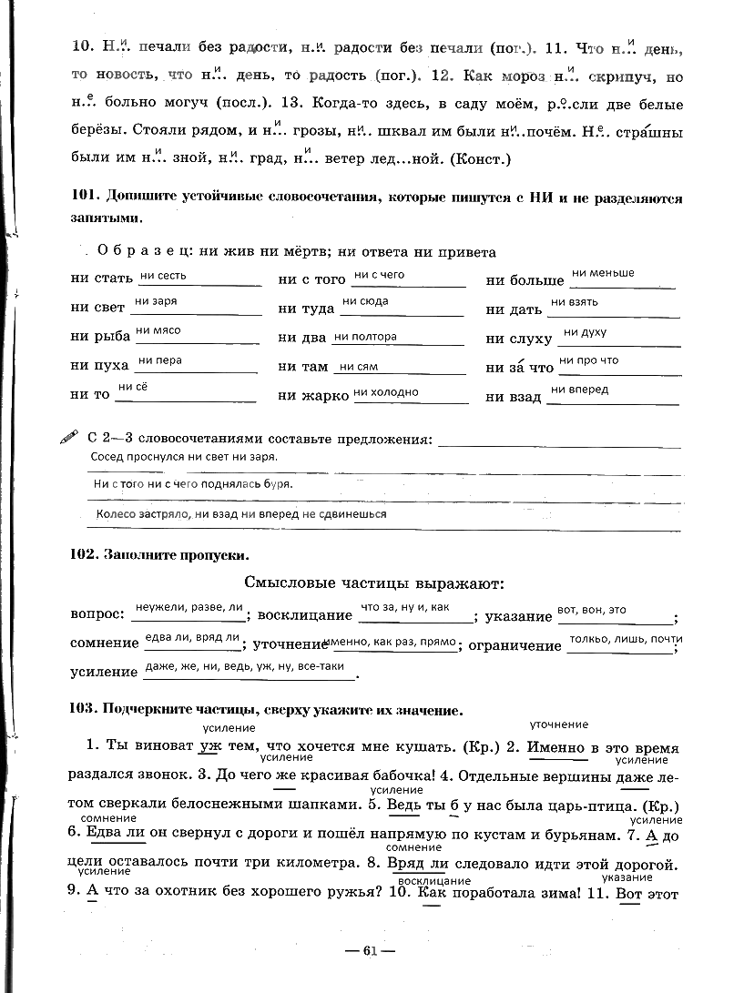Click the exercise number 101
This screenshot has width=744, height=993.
coord(83,198)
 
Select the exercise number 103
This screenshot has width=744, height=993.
coord(83,709)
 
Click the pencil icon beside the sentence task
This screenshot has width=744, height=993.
coord(68,438)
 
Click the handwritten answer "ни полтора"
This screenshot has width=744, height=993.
coord(366,336)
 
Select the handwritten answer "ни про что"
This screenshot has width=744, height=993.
coord(588,360)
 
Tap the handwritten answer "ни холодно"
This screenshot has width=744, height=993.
coord(386,392)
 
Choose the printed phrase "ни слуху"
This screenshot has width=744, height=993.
coord(519,339)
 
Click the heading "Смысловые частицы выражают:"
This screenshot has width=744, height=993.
coord(374,583)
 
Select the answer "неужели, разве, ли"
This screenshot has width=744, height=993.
coord(189,606)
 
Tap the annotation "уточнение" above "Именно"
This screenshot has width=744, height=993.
coord(559,724)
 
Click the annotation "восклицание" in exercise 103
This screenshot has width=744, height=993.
coord(434,881)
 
